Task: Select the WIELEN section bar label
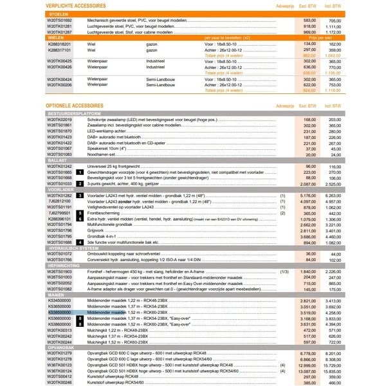(56, 37)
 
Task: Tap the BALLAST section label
(57, 160)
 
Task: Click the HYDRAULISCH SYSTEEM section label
(71, 248)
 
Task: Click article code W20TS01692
(59, 21)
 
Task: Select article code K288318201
(59, 44)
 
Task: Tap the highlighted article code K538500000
(59, 311)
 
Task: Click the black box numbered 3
(79, 194)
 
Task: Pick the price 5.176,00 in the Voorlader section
(309, 194)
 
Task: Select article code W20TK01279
(59, 353)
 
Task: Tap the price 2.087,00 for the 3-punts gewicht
(309, 183)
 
